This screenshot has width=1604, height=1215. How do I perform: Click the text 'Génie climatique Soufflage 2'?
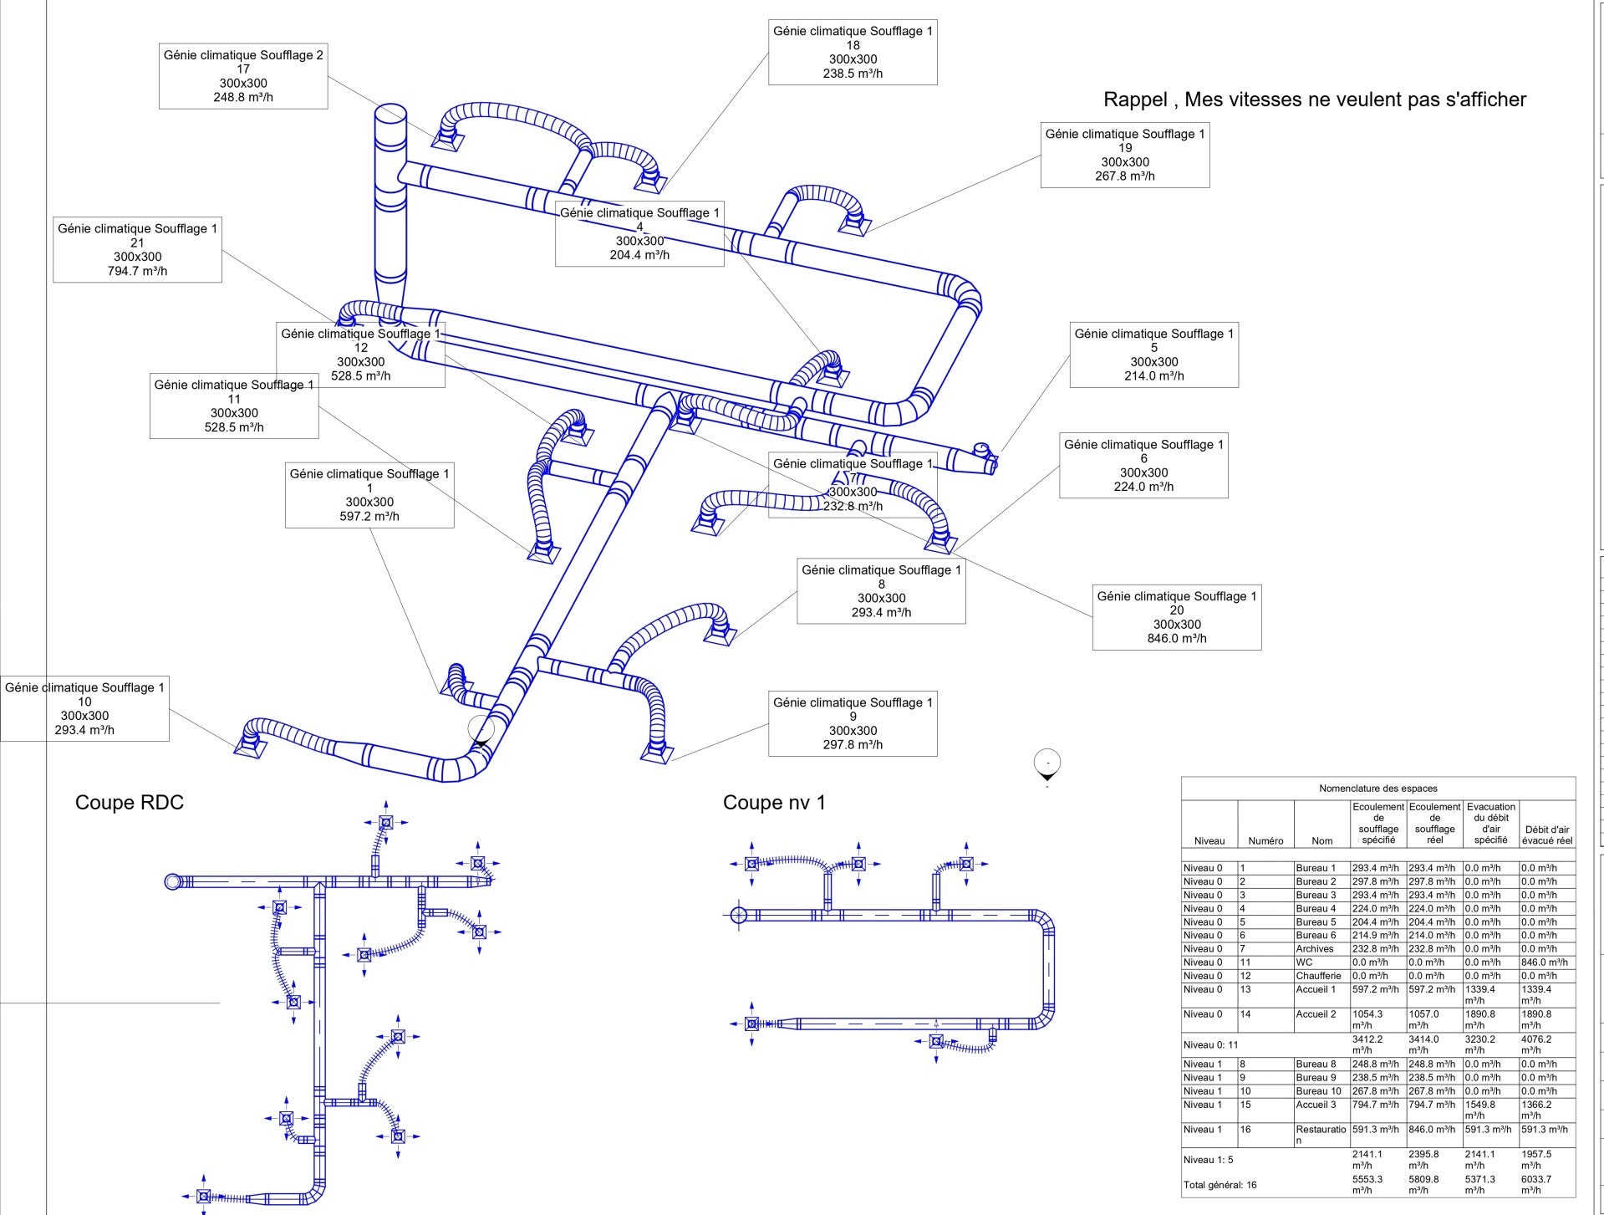243,55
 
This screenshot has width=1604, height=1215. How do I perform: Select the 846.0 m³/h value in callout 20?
1177,639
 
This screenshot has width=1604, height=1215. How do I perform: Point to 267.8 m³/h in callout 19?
1125,176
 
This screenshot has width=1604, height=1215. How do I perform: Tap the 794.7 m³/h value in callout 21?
137,271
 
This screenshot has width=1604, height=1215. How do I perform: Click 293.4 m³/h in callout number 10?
84,730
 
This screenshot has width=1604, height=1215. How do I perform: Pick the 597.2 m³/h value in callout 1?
369,517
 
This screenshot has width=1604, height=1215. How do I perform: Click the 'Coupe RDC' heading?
129,803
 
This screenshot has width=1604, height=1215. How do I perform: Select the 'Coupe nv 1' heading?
774,803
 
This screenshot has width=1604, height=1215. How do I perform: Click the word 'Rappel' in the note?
1134,100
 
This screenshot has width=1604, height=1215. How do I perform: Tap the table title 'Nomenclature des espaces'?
1378,788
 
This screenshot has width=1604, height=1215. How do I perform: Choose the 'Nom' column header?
1321,840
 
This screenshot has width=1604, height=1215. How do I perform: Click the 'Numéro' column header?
1265,840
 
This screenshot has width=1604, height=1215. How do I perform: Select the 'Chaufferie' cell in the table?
1318,976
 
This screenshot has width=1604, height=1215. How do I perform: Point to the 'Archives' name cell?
1315,949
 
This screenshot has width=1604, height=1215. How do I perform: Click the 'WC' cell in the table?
1304,962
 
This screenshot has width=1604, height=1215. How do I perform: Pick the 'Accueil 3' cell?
1316,1105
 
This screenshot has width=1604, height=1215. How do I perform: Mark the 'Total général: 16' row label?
1220,1185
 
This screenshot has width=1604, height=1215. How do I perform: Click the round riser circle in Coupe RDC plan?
173,881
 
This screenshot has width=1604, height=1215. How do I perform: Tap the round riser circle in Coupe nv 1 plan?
738,915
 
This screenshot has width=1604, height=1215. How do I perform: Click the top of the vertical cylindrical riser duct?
389,114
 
